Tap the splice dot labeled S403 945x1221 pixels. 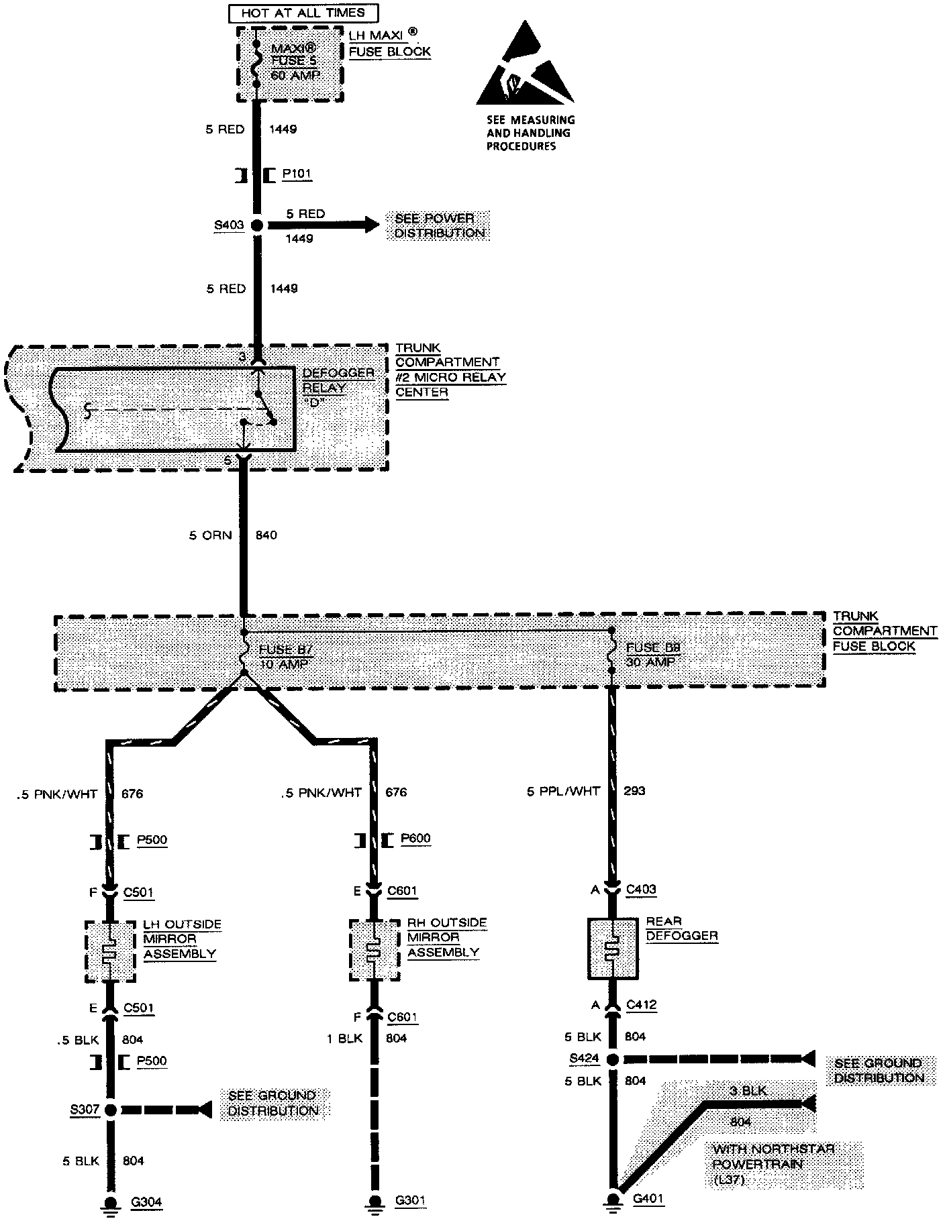[x=256, y=225]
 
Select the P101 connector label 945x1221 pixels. [x=296, y=174]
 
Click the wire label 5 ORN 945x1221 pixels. [x=210, y=535]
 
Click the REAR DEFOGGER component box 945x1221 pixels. [x=612, y=949]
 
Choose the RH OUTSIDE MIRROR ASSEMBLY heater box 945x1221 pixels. [x=374, y=950]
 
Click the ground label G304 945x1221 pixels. [x=146, y=1202]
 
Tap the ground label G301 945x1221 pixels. [x=410, y=1201]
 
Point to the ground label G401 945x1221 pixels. [x=648, y=1199]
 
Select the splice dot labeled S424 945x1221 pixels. [x=612, y=1059]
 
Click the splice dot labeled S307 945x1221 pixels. [x=111, y=1110]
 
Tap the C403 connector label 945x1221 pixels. [x=640, y=890]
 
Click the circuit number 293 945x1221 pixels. [x=634, y=790]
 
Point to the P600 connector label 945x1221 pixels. [x=415, y=839]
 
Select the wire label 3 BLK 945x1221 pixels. [x=748, y=1091]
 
